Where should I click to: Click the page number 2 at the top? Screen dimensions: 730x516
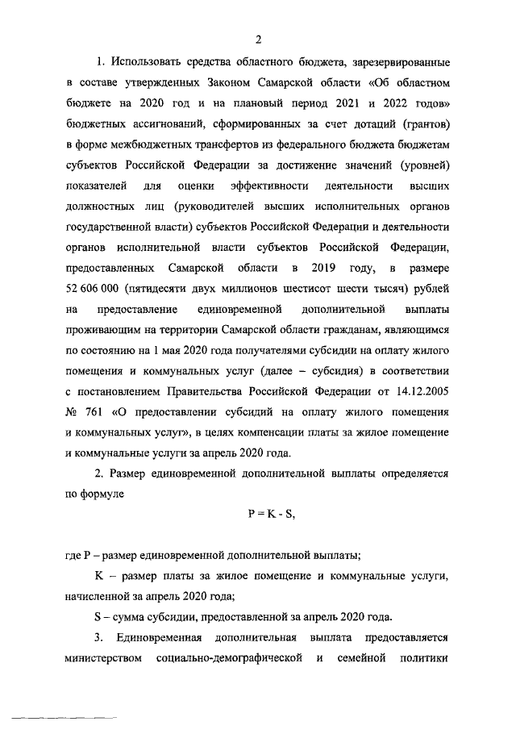tap(258, 40)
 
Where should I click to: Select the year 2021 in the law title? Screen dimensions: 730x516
tap(350, 102)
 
